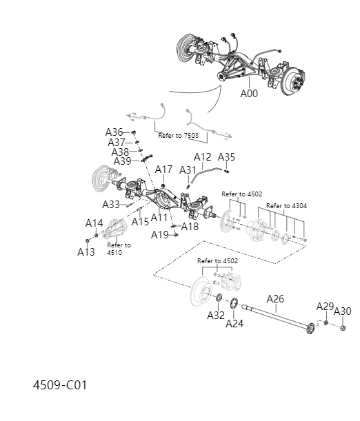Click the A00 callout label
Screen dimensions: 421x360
[249, 94]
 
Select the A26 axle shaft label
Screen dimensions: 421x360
[275, 298]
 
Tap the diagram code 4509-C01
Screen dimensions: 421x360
[59, 384]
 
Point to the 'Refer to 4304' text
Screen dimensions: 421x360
[287, 206]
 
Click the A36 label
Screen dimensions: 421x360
[114, 132]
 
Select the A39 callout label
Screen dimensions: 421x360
[122, 161]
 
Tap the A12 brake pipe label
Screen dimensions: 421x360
[202, 157]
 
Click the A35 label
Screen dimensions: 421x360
[226, 157]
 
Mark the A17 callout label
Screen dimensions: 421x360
[163, 170]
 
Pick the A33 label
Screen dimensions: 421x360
[111, 205]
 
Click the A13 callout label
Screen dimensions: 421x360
[86, 252]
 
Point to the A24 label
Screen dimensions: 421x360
[234, 323]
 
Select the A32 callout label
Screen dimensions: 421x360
[216, 315]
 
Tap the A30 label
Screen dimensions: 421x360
[342, 311]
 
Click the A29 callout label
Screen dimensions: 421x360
[325, 306]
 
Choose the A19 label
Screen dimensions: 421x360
[160, 235]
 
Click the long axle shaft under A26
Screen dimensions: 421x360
[276, 315]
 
